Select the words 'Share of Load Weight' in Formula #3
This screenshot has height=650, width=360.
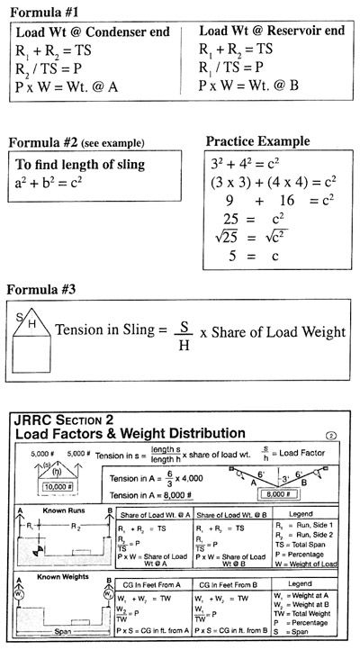click(279, 331)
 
